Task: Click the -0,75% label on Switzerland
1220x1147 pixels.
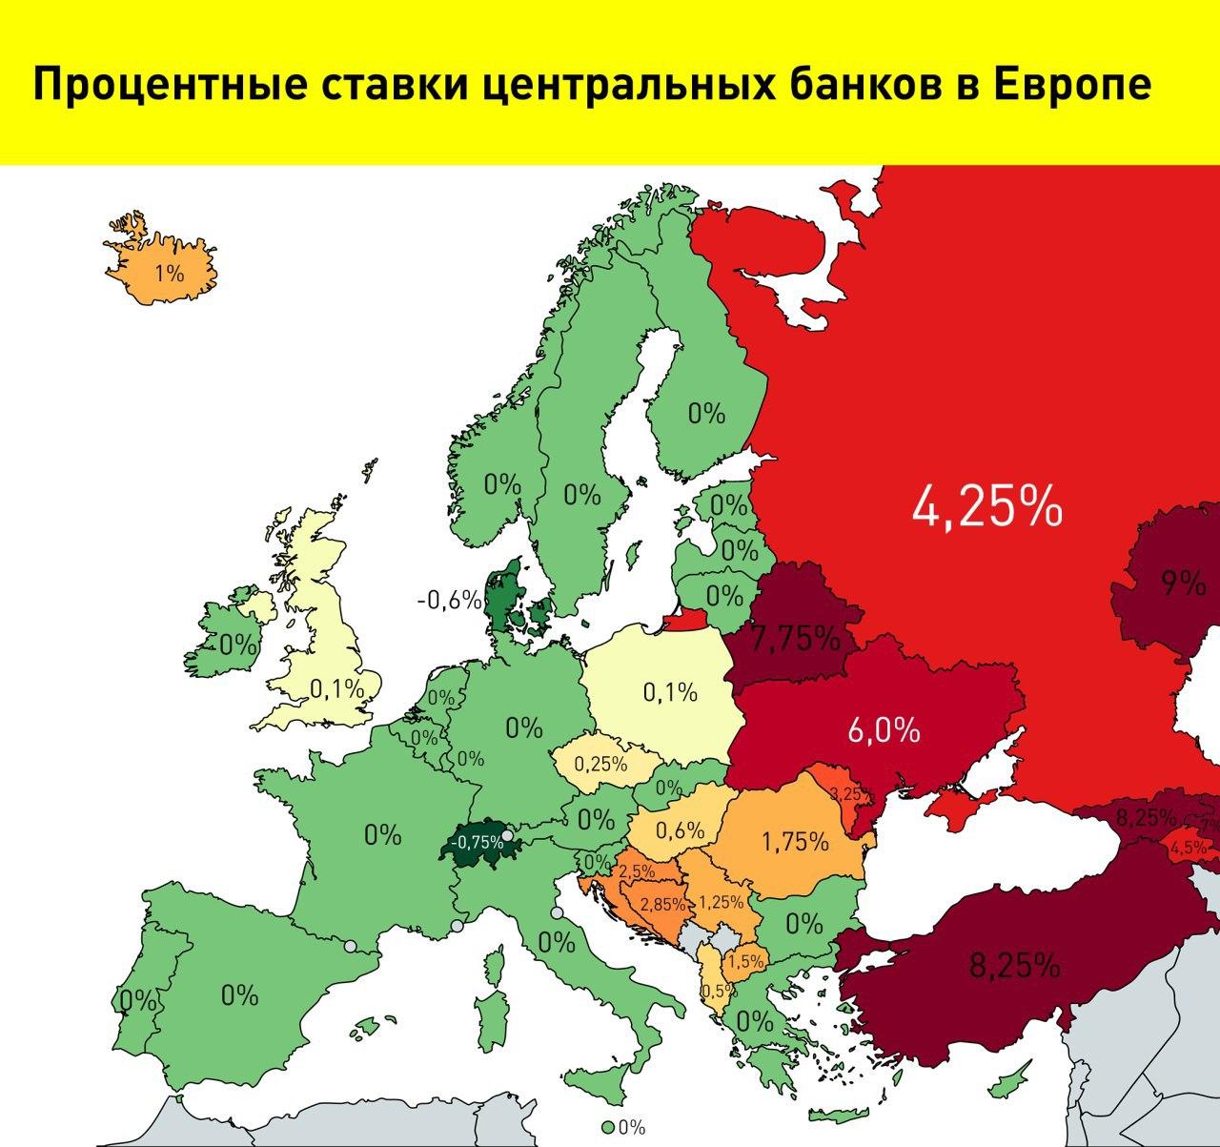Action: click(478, 842)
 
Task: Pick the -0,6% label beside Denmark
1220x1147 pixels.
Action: click(449, 600)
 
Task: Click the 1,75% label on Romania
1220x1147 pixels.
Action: click(795, 842)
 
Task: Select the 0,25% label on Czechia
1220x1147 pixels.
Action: click(600, 764)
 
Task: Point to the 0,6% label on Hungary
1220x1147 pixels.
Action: click(680, 830)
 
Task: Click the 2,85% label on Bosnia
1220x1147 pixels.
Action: click(661, 904)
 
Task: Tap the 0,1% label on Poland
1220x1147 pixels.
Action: click(670, 692)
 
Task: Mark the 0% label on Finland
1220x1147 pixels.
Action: click(706, 414)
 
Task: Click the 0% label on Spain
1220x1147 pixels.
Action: click(239, 994)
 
